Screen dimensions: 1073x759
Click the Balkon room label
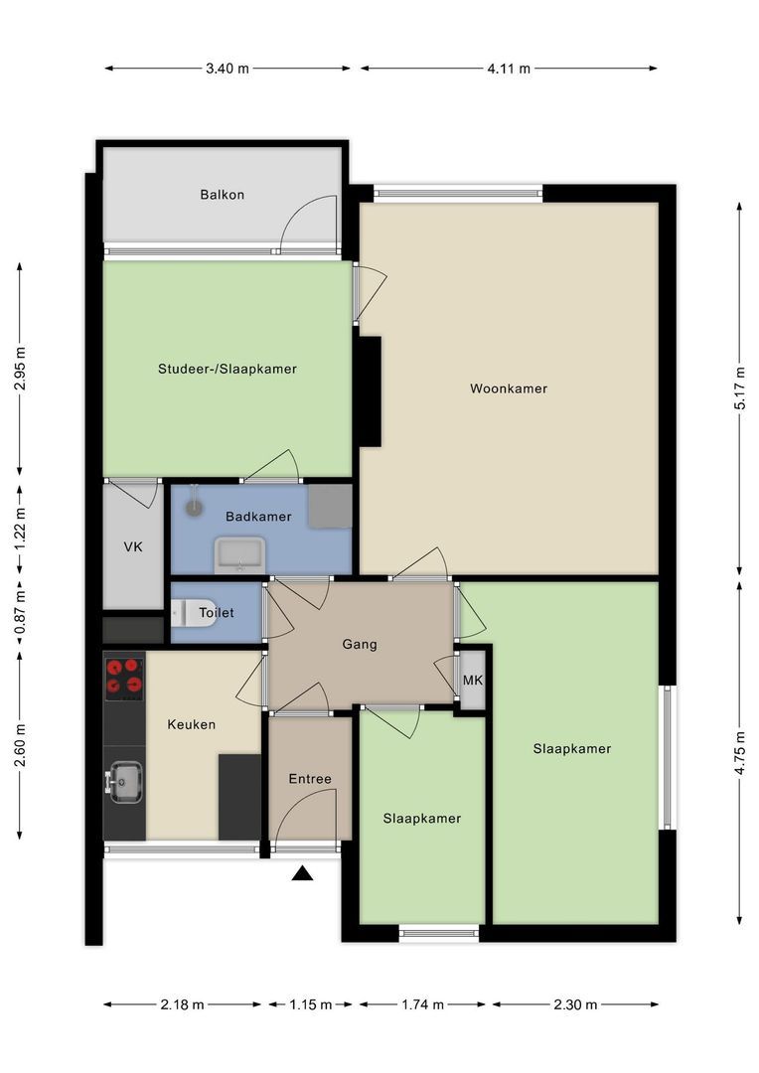point(222,195)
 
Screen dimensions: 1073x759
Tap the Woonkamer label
point(509,388)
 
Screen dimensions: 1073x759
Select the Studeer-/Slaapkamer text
point(228,369)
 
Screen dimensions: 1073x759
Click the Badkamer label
point(258,517)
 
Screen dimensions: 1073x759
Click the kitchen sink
point(126,782)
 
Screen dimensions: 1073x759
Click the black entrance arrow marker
point(303,873)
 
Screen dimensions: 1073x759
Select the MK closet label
point(473,681)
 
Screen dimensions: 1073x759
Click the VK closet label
point(133,547)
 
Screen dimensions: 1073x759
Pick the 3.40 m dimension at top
point(228,69)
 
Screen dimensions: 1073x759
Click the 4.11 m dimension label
point(509,69)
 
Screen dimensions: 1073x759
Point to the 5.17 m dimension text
point(740,387)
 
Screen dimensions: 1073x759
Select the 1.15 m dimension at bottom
point(311,1004)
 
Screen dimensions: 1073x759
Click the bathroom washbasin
point(239,554)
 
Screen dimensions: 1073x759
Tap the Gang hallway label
point(360,644)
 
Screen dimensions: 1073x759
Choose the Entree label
point(310,779)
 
